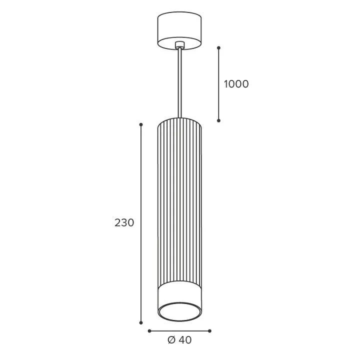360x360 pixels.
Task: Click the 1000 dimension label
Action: (236, 84)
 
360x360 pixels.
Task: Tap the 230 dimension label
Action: (124, 222)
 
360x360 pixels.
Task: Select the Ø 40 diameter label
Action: (179, 340)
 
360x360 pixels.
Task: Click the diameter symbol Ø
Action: (171, 340)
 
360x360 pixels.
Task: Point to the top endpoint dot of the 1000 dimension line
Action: (219, 48)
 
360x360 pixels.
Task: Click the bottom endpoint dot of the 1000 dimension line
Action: (219, 120)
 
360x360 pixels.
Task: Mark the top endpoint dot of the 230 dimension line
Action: (141, 124)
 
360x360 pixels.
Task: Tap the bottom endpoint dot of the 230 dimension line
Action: (141, 323)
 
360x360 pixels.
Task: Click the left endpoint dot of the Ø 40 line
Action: (149, 331)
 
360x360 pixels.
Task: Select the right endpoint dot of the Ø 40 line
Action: (209, 331)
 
